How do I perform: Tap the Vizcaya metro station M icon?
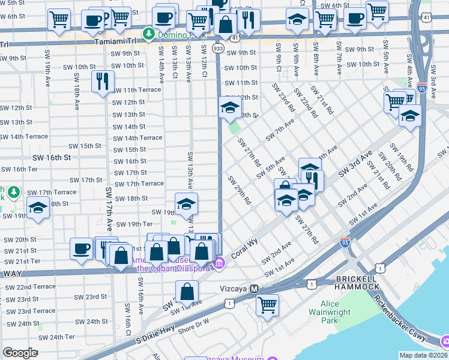point(254,289)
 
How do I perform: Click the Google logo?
point(20,353)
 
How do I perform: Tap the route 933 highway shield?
point(218,47)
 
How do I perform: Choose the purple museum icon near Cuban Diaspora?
point(220,263)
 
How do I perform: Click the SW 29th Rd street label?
point(239,189)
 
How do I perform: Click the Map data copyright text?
point(423,355)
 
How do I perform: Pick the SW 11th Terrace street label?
point(137,90)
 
